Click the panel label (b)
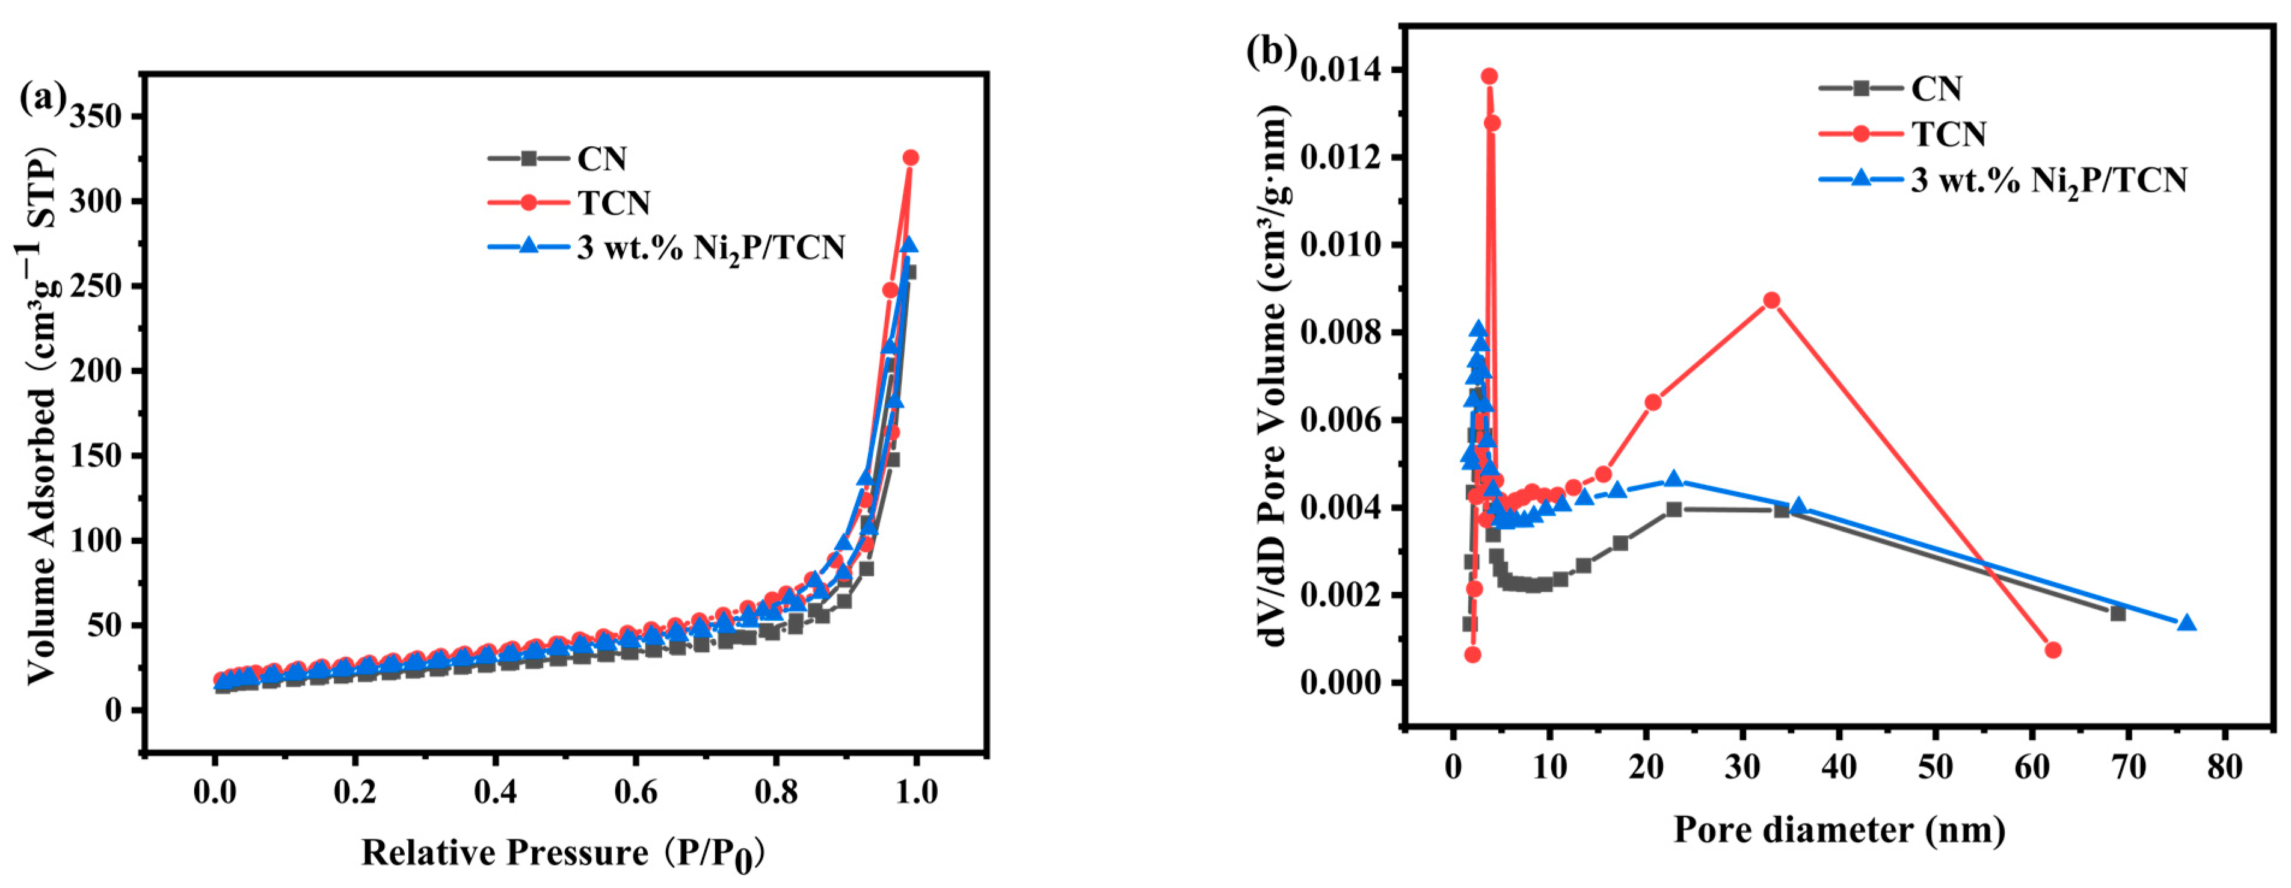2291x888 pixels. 1271,52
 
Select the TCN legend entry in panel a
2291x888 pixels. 613,203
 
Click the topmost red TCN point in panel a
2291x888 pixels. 910,158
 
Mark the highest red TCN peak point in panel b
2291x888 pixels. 1489,76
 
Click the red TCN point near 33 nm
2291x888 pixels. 1771,301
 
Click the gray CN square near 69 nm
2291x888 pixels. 2118,613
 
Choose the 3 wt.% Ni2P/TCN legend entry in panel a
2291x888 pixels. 710,247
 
